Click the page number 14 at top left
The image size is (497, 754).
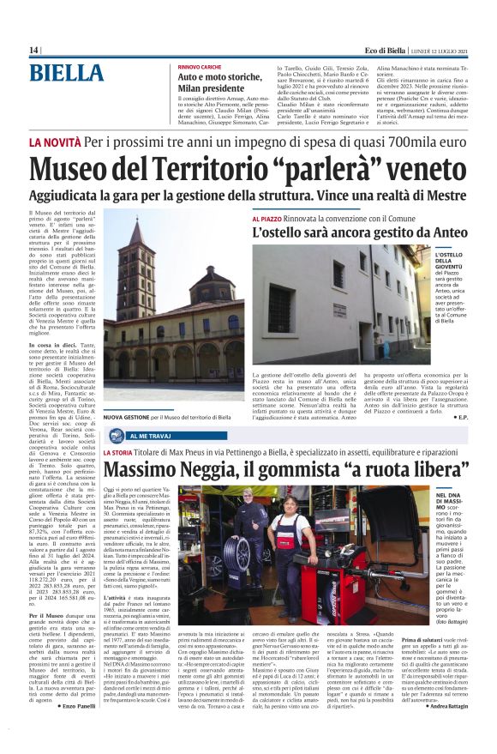click(33, 51)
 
